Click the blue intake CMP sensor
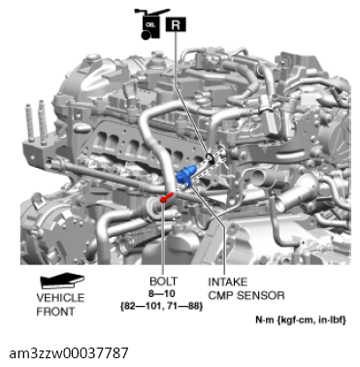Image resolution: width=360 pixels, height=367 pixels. pyautogui.click(x=187, y=175)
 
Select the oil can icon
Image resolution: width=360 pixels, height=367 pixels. pyautogui.click(x=151, y=24)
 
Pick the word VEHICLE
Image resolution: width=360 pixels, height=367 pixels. pyautogui.click(x=60, y=298)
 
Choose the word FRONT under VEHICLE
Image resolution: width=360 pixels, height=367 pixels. pyautogui.click(x=55, y=311)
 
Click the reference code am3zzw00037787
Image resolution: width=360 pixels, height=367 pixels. pyautogui.click(x=66, y=350)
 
